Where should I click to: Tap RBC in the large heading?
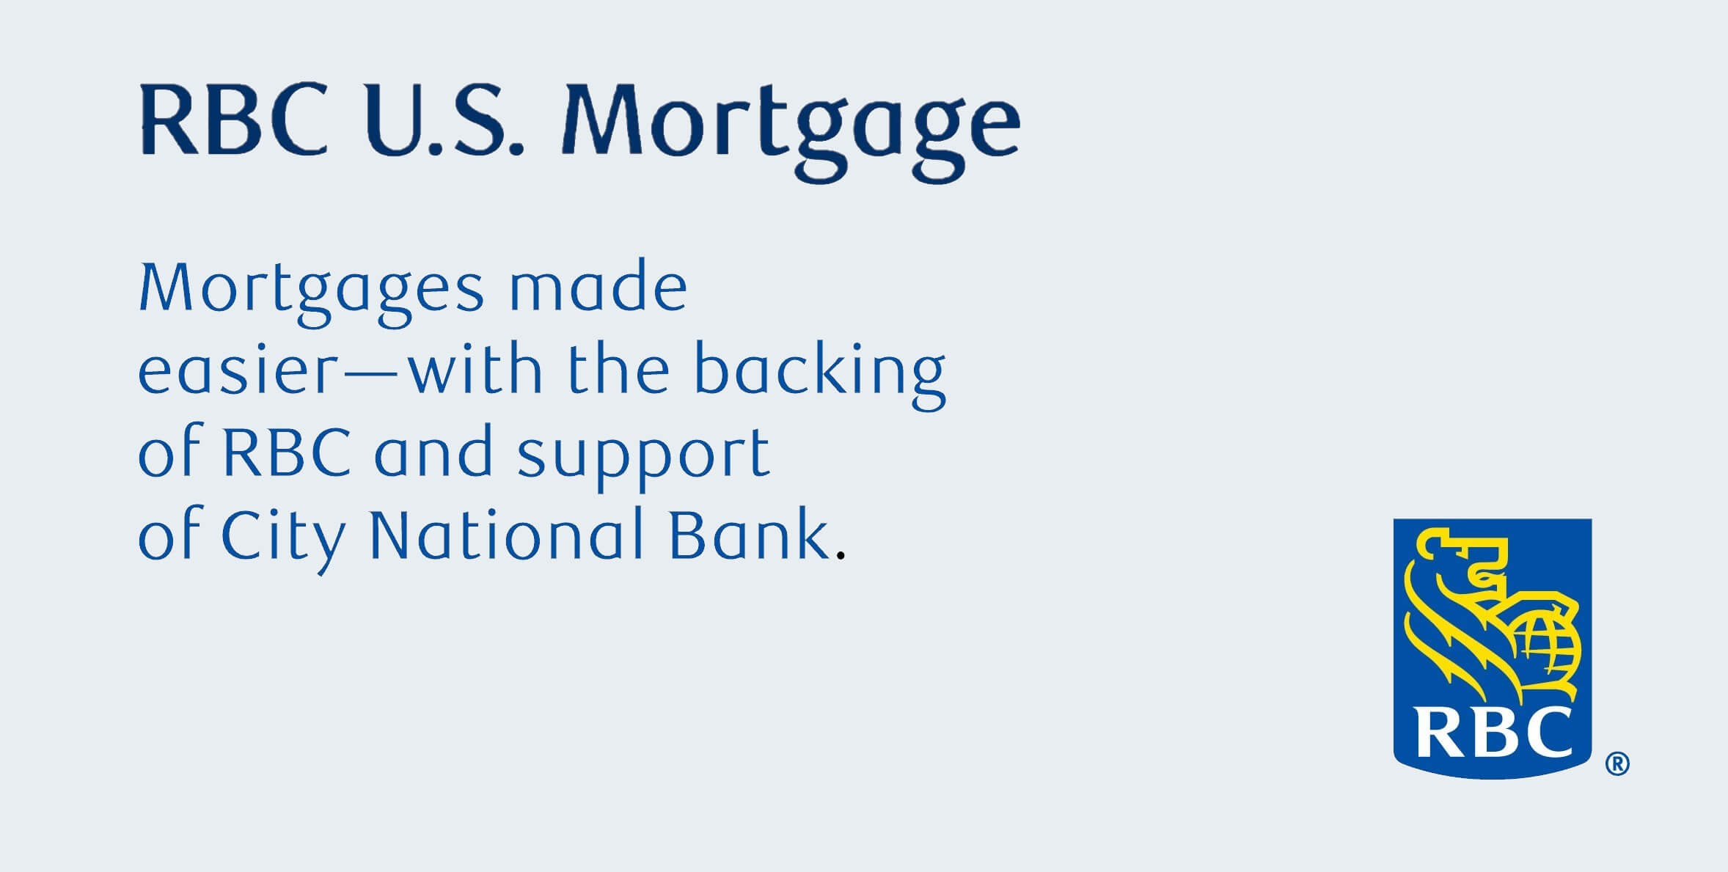(233, 120)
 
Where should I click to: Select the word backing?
(819, 374)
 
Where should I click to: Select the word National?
(506, 534)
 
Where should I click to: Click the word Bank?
(749, 534)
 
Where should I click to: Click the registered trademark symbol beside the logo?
(1617, 764)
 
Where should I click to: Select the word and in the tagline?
(433, 452)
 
